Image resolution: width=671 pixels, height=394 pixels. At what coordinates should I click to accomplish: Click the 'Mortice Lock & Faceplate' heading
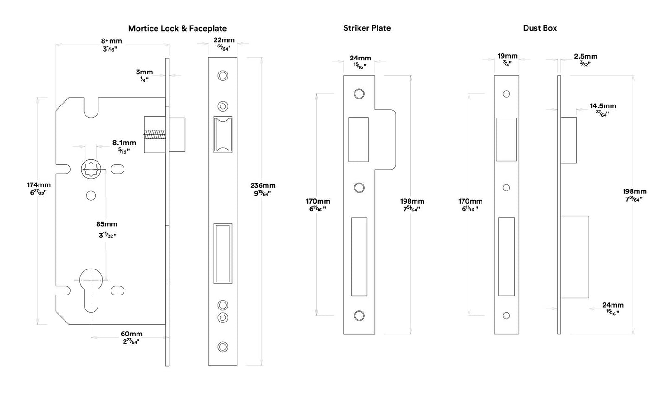pos(177,28)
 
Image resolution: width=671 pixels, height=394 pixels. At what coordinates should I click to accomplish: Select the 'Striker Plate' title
pos(367,28)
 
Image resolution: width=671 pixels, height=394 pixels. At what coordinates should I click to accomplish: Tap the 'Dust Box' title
pos(540,28)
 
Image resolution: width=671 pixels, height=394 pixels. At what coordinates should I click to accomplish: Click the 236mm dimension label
pos(262,186)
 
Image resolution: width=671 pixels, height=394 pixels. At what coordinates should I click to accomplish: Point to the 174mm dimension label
pos(39,185)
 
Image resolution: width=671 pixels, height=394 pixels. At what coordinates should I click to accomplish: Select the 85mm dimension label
pos(107,224)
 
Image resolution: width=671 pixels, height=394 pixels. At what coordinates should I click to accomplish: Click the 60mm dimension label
pos(131,334)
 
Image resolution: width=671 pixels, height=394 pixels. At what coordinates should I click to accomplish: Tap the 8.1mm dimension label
pos(124,143)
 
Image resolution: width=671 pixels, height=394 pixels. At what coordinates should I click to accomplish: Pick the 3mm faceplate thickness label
pos(144,72)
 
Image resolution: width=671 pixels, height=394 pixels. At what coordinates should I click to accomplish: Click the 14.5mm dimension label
pos(603,106)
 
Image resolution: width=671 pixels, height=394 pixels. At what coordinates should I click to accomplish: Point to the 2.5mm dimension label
pos(586,56)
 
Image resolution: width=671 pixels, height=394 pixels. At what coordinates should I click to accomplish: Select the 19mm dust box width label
pos(507,56)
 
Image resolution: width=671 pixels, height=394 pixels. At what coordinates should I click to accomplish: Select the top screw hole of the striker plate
pos(358,94)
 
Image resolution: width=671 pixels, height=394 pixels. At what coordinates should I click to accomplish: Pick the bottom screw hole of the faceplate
pos(223,347)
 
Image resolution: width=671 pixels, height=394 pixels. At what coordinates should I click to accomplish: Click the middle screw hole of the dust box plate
pos(507,188)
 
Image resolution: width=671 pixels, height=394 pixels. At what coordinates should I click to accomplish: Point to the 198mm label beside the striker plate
pos(412,201)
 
